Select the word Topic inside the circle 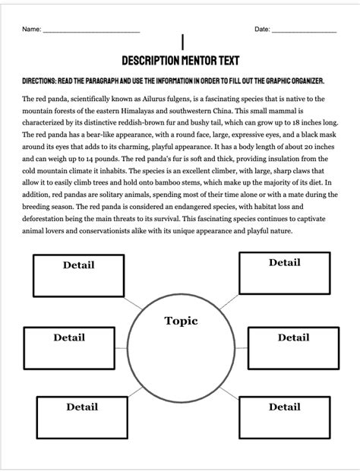click(x=181, y=321)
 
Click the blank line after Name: click(x=91, y=31)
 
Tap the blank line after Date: click(x=304, y=31)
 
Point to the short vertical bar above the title click(x=182, y=43)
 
